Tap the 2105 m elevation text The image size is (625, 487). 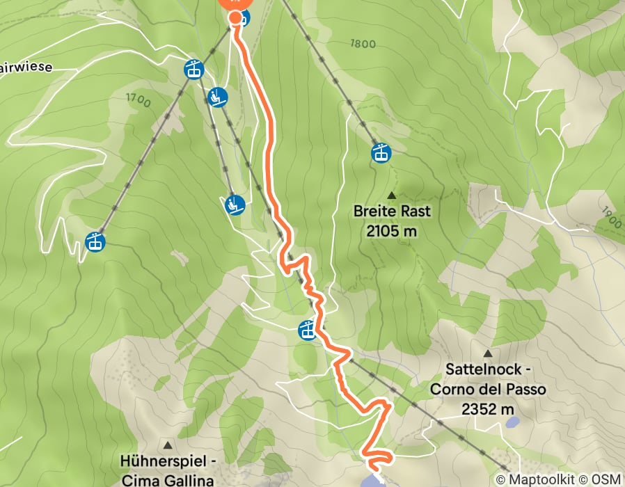[391, 231]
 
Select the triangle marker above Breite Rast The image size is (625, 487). [391, 195]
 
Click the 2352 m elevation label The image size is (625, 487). [488, 409]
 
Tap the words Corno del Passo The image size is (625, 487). [488, 390]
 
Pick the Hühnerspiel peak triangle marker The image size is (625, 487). [167, 444]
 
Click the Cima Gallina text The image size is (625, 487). [167, 479]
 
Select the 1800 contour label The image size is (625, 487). [363, 45]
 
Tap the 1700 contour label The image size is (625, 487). [138, 100]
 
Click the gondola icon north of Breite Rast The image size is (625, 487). [380, 152]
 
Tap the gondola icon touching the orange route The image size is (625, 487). [307, 330]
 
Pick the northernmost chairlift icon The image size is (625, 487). [218, 97]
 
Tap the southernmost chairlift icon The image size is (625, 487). [236, 205]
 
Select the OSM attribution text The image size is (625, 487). [606, 479]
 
